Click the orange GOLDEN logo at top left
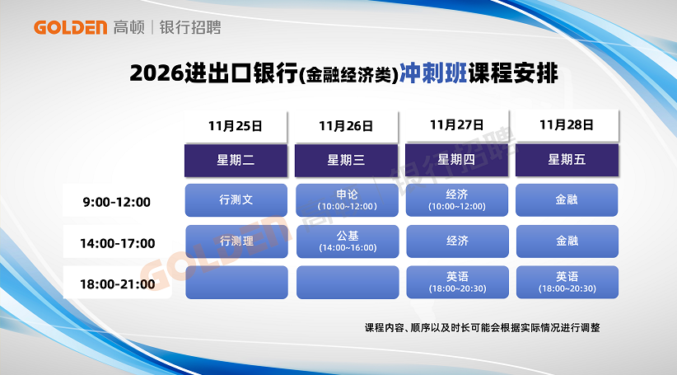coord(70,27)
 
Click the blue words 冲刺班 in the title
coord(433,73)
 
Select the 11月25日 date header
coord(236,126)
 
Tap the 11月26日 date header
coord(346,126)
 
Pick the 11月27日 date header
coord(457,124)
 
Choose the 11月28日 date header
coord(567,124)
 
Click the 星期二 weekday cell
coord(236,160)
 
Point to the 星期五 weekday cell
coord(567,160)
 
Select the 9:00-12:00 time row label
coord(117,201)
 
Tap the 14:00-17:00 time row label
coord(118,243)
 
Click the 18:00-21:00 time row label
coord(118,284)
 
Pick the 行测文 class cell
coord(236,200)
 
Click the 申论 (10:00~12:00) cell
coord(347,200)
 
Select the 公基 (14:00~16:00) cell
coord(348,241)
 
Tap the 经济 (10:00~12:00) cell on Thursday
coord(457,200)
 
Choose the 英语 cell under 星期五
coord(567,282)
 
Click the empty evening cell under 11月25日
coord(236,282)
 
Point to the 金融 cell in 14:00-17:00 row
coord(567,241)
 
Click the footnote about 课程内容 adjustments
coord(483,327)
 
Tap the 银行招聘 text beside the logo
coord(190,27)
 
